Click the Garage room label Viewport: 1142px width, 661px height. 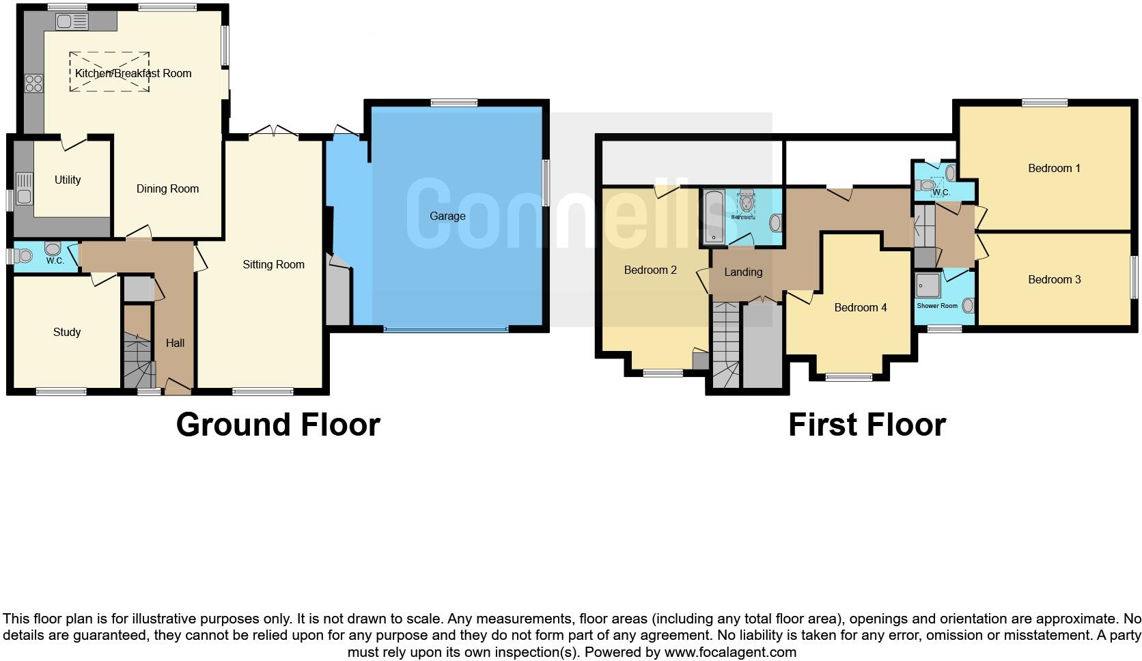[447, 216]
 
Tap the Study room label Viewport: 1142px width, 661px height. [67, 333]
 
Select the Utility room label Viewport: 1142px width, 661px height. [68, 180]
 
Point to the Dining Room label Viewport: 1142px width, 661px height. [167, 189]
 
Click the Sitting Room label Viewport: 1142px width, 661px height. [273, 265]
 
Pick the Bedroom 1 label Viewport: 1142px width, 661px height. [1054, 169]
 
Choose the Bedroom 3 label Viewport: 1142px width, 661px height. [1054, 279]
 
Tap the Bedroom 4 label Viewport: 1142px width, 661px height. [860, 308]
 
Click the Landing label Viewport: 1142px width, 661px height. [742, 272]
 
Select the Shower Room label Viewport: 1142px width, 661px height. [937, 306]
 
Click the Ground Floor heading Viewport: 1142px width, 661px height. [277, 425]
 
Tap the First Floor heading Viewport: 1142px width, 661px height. [866, 425]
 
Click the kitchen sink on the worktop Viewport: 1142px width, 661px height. [72, 22]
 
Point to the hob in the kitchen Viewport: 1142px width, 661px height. [33, 83]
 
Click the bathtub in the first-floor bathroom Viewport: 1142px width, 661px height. [713, 217]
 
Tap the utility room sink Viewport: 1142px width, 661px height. [24, 188]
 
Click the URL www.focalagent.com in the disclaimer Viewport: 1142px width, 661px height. [729, 652]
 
